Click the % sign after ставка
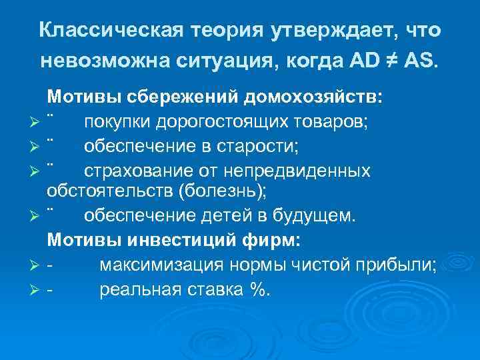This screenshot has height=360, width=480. [x=256, y=289]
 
